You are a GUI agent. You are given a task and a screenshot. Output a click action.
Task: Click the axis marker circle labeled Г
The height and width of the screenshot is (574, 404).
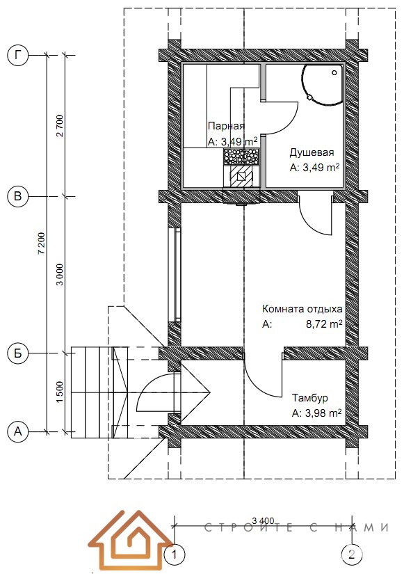17,56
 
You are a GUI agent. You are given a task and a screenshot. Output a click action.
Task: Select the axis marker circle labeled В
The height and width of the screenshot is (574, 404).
17,197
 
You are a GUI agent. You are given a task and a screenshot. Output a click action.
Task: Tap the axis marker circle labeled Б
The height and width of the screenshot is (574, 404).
17,353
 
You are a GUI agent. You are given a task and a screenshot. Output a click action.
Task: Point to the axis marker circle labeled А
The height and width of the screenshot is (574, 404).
17,431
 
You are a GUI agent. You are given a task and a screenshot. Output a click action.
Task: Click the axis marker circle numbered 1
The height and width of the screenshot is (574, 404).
175,555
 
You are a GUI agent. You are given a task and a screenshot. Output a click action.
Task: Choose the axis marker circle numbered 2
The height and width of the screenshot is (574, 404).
352,555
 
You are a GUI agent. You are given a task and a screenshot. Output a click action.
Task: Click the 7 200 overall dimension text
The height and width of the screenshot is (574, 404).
42,243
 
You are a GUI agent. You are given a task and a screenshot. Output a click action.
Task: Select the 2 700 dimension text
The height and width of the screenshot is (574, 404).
60,126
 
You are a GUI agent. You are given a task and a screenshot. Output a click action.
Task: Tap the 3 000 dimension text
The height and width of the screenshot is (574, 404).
60,275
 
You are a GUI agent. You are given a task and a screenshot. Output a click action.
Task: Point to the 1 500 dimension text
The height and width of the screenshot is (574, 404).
60,392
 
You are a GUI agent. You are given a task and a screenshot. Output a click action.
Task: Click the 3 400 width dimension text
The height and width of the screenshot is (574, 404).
263,520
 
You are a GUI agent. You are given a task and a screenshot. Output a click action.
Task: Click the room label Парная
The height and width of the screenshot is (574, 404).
226,127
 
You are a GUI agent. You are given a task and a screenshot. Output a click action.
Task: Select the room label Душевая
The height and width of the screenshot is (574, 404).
312,152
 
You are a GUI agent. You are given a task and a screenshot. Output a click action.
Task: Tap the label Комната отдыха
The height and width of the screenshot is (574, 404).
302,309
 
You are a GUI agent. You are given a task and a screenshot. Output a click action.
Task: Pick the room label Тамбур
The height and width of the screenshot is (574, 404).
310,397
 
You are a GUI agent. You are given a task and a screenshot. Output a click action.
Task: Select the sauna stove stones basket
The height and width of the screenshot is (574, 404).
241,157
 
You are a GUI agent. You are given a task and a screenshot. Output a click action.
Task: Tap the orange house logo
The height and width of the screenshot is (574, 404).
131,541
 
